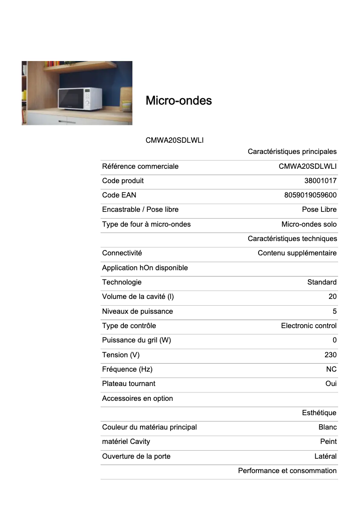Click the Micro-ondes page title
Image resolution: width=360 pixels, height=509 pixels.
point(179,101)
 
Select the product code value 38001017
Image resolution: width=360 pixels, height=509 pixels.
point(320,180)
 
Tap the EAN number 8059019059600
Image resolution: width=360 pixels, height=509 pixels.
point(310,195)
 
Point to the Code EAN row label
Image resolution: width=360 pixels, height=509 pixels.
point(119,195)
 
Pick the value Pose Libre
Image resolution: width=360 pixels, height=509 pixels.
point(319,209)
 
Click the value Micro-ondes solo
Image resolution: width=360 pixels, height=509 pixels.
point(309,224)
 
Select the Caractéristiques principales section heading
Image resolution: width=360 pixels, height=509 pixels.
point(292,152)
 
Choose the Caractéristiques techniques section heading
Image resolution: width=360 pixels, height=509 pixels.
point(292,238)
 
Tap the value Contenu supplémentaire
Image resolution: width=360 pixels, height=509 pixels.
point(297,253)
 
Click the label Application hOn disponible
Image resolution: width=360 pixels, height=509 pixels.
point(145,268)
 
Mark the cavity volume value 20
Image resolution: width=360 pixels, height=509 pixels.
point(332,296)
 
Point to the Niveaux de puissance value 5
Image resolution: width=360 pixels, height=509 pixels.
point(334,311)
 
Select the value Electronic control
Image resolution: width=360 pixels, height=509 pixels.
point(308,325)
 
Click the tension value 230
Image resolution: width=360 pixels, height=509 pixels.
point(330,355)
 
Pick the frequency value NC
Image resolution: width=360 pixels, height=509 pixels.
point(331,369)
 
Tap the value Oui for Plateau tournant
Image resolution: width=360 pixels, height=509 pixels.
point(331,383)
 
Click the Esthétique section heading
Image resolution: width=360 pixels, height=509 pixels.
point(319,412)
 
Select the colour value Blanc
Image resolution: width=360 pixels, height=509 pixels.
point(327,427)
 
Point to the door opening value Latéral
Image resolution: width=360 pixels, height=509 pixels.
point(325,456)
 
